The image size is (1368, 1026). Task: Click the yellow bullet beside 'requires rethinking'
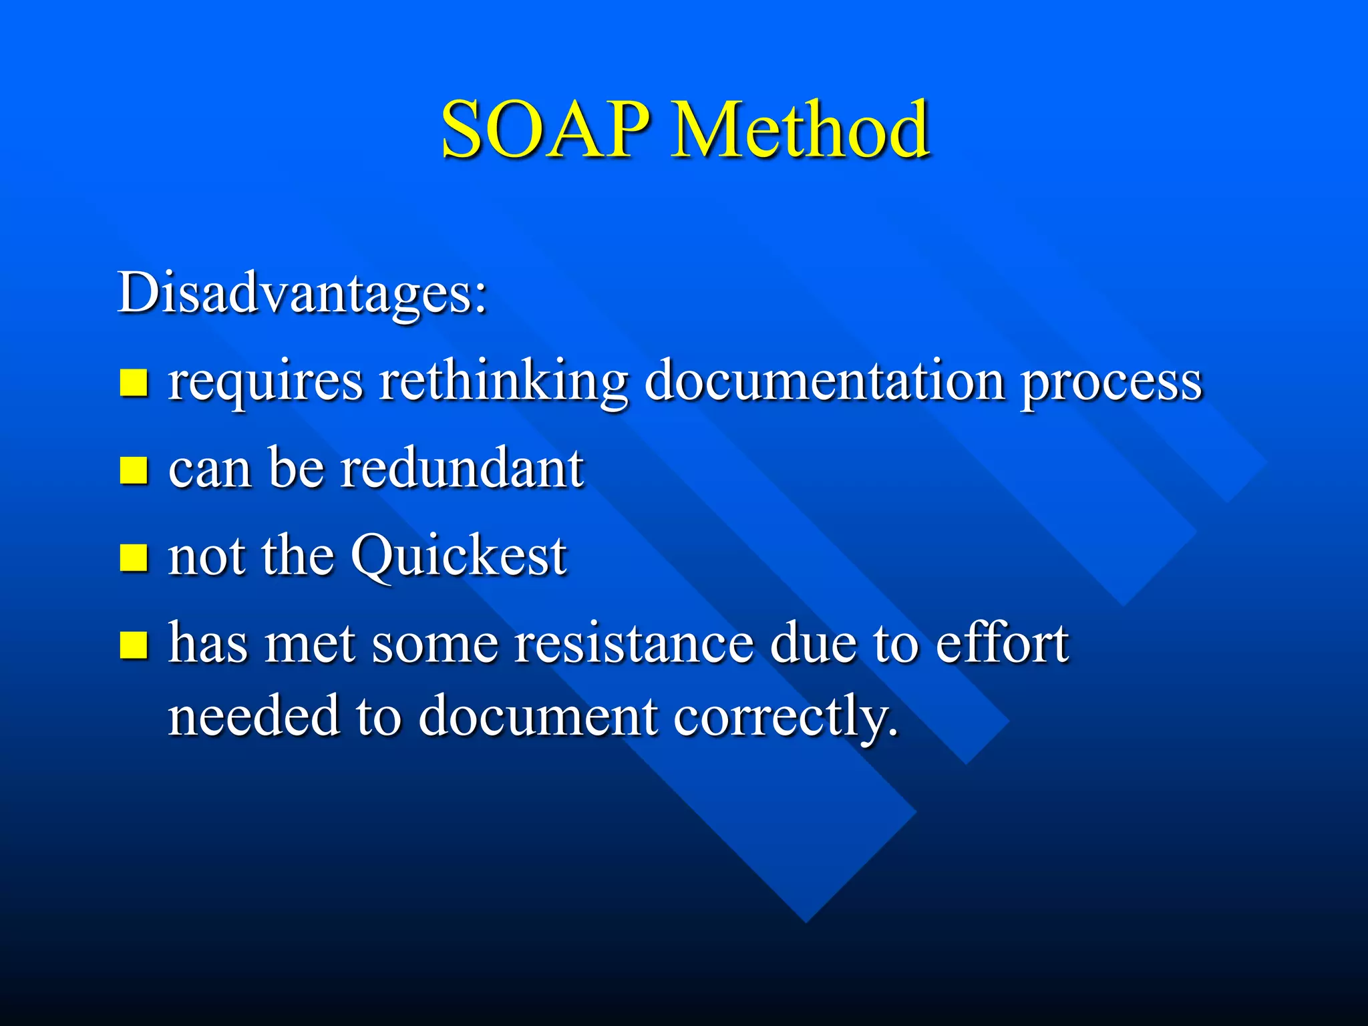click(x=134, y=383)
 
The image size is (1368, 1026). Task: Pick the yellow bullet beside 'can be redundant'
click(x=134, y=470)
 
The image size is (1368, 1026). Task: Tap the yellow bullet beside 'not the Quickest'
click(x=134, y=557)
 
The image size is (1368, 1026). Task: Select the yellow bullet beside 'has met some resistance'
click(x=134, y=645)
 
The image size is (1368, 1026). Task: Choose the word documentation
click(x=825, y=381)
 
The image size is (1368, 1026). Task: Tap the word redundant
click(x=462, y=468)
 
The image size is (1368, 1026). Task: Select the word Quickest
click(x=459, y=556)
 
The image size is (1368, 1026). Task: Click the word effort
click(x=1002, y=643)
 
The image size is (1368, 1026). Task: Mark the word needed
click(x=254, y=716)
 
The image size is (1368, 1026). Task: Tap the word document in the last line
click(x=538, y=716)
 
